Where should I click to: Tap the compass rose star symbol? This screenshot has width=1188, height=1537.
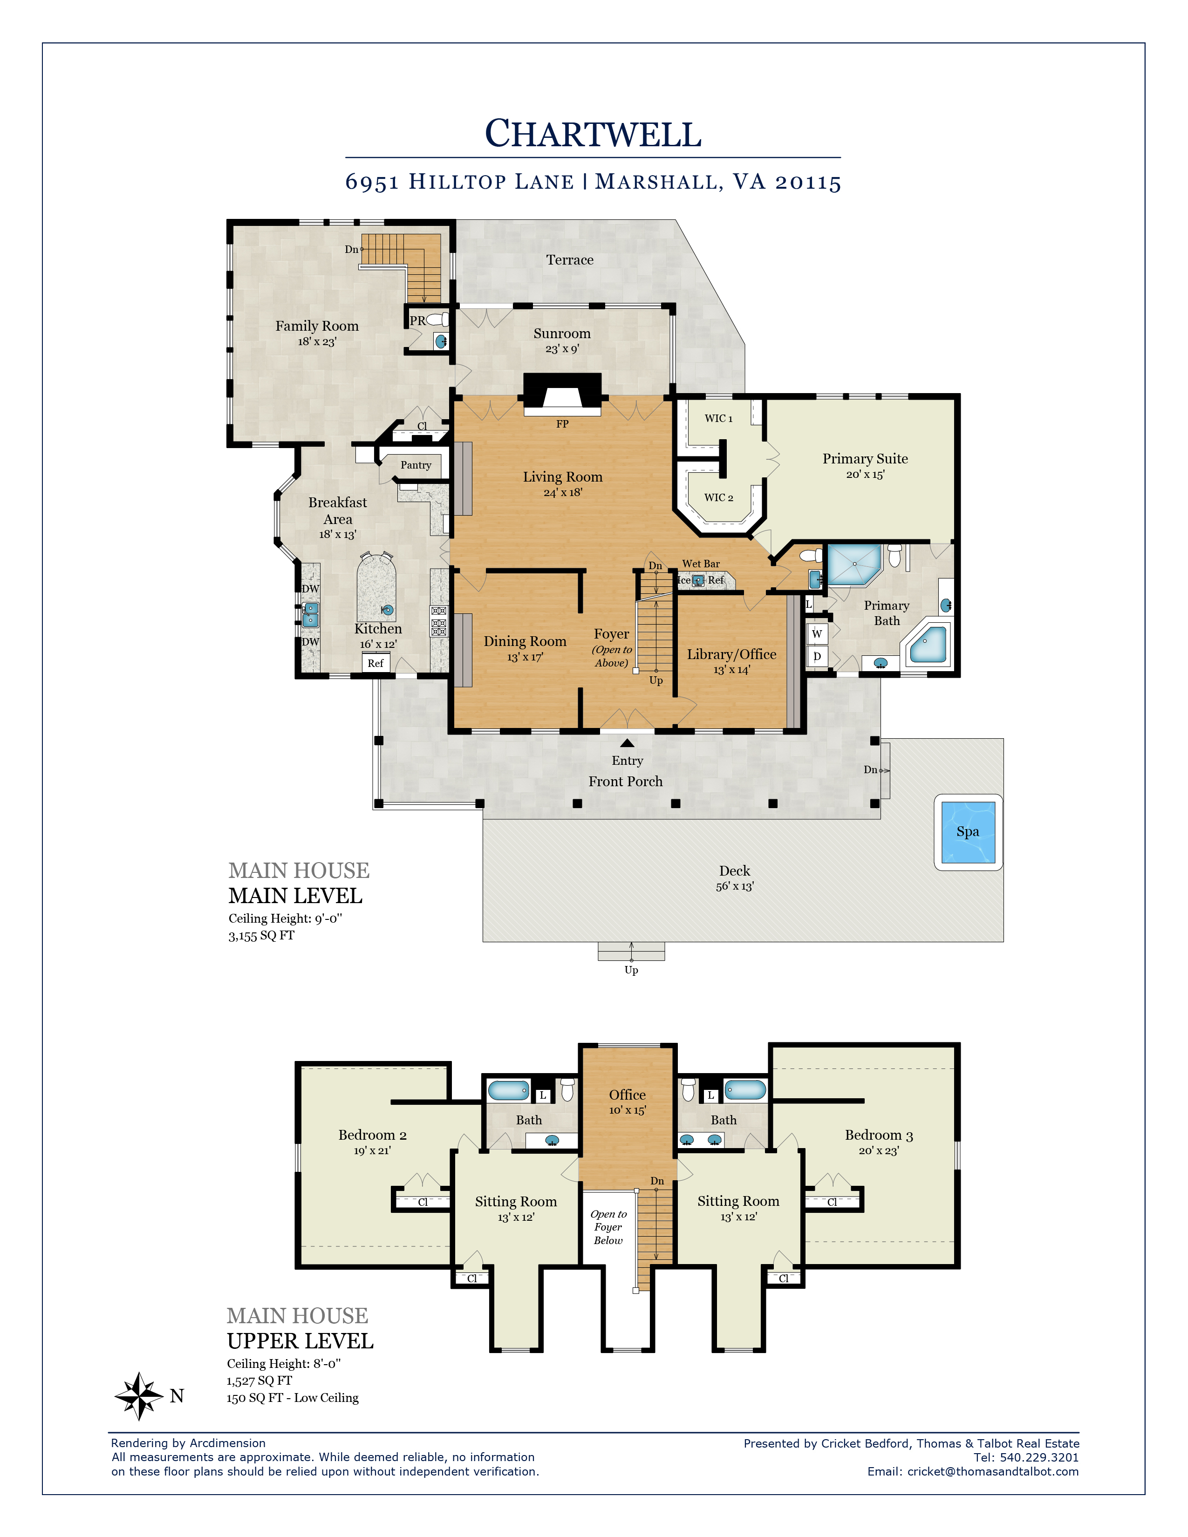[x=139, y=1395]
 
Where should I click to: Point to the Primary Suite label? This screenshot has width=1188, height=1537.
[x=865, y=458]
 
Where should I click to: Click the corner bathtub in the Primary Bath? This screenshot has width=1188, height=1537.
[x=928, y=644]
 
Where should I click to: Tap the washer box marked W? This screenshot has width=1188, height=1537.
[x=817, y=633]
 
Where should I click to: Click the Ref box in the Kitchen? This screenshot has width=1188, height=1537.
[x=376, y=663]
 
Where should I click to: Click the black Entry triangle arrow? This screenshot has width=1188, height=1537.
[x=627, y=743]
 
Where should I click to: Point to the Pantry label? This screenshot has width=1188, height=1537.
[x=416, y=465]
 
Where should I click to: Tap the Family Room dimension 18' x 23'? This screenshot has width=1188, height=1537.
[x=317, y=341]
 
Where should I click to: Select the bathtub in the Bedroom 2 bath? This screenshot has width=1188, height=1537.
[x=508, y=1090]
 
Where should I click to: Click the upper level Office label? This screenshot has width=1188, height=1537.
[x=627, y=1095]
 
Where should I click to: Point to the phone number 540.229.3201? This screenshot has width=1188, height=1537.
[x=1039, y=1457]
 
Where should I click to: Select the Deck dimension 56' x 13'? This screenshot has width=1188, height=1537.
[x=735, y=886]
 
